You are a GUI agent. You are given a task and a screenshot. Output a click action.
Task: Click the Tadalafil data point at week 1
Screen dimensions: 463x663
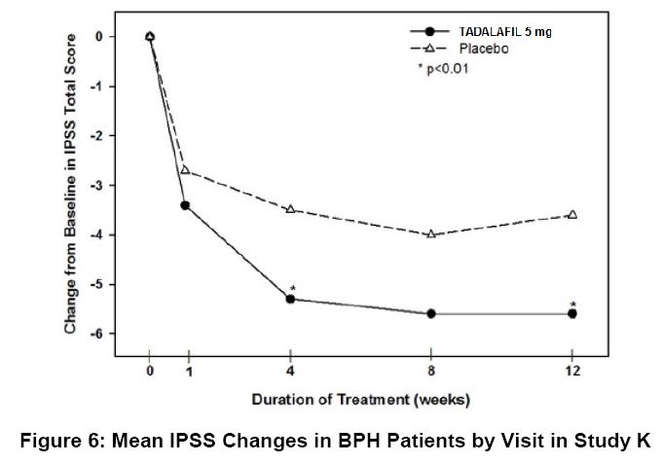[x=185, y=205]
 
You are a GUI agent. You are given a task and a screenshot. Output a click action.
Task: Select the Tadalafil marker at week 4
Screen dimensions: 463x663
[x=290, y=299]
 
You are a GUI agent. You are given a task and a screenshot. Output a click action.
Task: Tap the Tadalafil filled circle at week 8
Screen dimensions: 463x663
[x=431, y=313]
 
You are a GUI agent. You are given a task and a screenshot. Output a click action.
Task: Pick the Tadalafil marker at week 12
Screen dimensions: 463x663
[x=572, y=313]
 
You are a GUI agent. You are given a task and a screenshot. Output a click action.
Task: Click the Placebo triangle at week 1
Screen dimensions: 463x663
[x=185, y=170]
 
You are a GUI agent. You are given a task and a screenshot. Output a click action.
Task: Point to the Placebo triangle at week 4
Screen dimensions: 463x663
[x=290, y=209]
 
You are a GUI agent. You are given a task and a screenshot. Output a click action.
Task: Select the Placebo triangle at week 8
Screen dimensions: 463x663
[x=431, y=233]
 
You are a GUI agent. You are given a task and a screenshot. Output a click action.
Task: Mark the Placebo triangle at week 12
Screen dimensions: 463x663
[x=572, y=214]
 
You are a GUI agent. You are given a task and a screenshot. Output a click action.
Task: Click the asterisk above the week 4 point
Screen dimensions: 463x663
[x=292, y=289]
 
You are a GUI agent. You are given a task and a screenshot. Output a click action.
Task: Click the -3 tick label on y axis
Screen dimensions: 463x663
[x=120, y=185]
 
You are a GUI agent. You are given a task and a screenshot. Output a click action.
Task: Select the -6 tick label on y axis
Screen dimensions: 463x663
[x=120, y=334]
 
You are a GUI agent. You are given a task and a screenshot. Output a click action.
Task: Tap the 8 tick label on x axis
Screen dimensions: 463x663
[x=431, y=372]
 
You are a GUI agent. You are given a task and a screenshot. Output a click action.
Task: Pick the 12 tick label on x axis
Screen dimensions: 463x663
[x=572, y=372]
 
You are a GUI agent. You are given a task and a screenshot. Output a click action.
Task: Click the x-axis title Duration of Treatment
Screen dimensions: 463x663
[x=361, y=399]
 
